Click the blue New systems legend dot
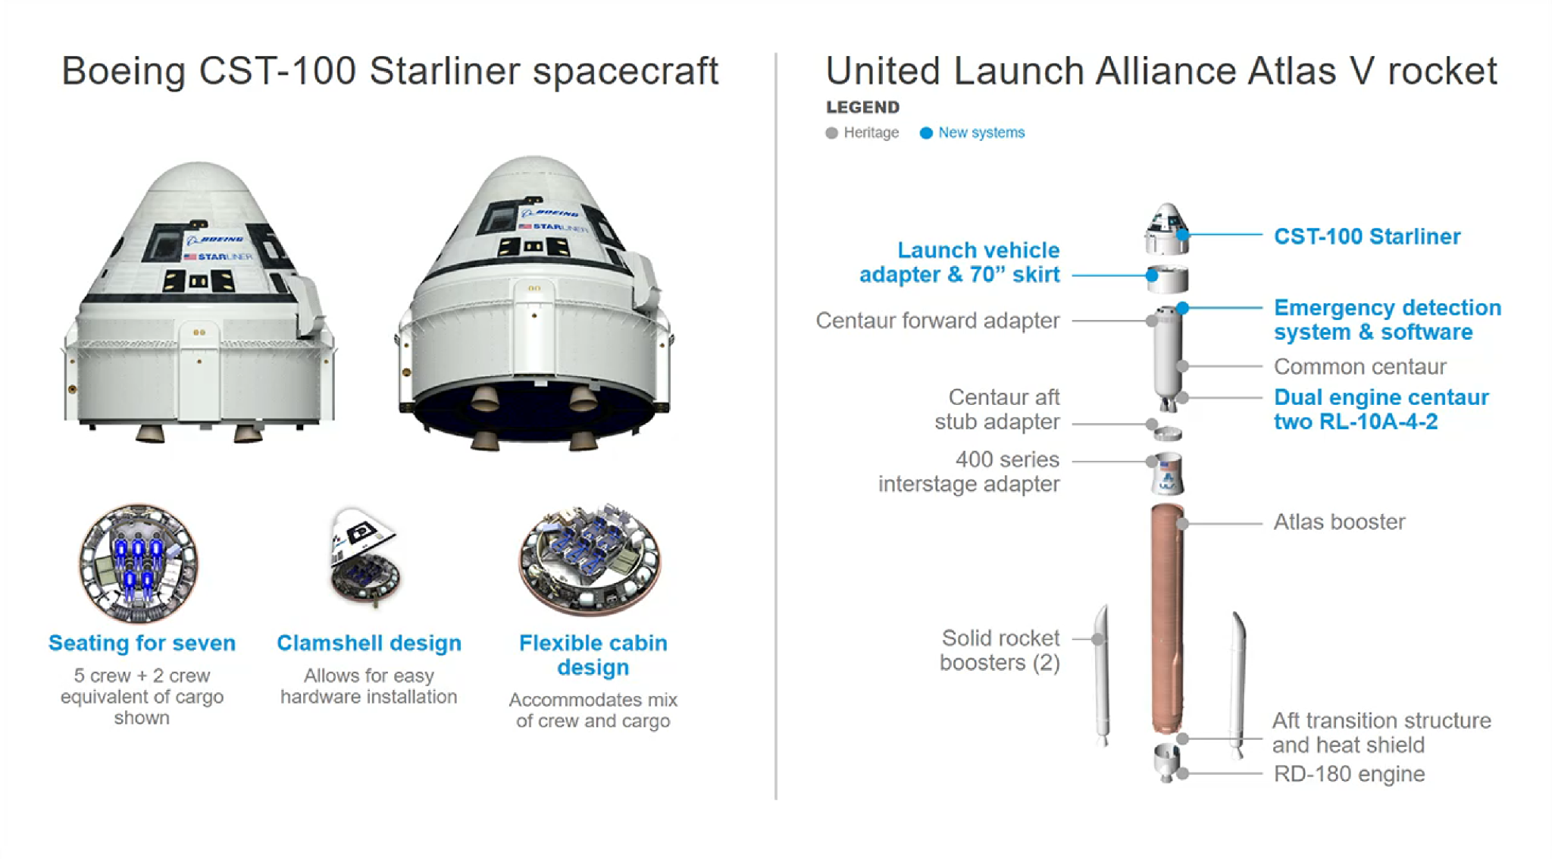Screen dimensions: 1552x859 click(x=925, y=133)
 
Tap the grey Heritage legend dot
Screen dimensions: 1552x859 click(x=831, y=133)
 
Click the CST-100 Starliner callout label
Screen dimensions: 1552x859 click(x=1367, y=237)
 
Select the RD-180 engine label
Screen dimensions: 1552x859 click(x=1349, y=774)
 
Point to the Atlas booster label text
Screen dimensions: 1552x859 click(x=1339, y=522)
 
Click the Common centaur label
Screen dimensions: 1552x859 click(x=1360, y=367)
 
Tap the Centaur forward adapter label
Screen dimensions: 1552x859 click(x=937, y=321)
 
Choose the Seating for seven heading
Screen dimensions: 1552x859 click(x=142, y=643)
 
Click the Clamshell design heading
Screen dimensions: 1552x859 click(x=369, y=644)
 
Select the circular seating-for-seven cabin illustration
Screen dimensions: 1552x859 click(x=139, y=563)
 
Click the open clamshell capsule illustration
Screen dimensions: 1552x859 click(x=365, y=556)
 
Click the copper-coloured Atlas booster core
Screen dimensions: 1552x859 click(x=1167, y=618)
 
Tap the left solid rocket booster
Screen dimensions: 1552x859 click(x=1103, y=675)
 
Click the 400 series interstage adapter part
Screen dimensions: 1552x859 click(x=1168, y=474)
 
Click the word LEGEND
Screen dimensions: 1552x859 click(x=862, y=108)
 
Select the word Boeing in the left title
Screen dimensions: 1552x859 click(x=124, y=72)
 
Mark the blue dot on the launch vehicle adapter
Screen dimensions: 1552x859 click(x=1152, y=275)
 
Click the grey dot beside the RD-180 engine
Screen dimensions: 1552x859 click(x=1182, y=773)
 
